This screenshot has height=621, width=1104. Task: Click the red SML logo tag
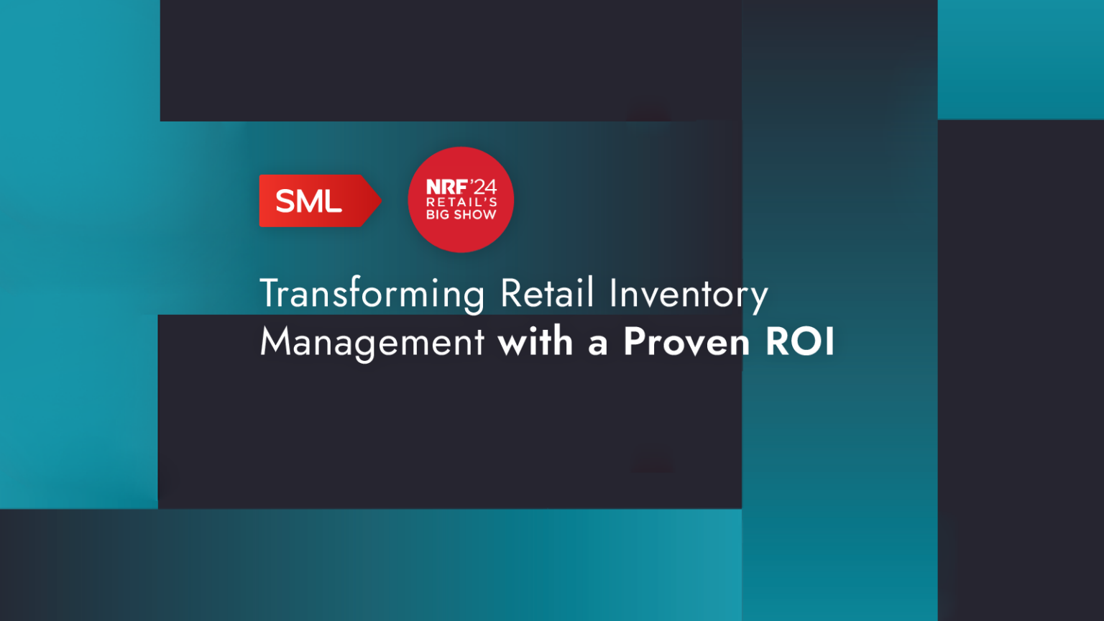[316, 201]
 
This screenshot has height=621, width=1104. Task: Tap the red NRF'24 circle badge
[461, 200]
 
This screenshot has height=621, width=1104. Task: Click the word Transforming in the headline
[372, 294]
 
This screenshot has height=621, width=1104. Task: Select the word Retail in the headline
[547, 293]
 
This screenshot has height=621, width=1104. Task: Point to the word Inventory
[688, 294]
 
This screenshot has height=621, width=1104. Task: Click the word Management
[372, 342]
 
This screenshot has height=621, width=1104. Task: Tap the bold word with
[535, 341]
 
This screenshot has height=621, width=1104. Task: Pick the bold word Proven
[686, 341]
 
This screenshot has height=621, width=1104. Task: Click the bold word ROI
[799, 341]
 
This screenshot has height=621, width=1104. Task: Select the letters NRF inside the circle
[446, 187]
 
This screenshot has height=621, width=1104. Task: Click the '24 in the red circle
[483, 187]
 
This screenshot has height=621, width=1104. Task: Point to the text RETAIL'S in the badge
[461, 202]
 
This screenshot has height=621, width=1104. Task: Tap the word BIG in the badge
[438, 214]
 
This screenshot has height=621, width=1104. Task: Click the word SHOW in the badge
[475, 214]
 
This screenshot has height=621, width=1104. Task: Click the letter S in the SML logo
[286, 201]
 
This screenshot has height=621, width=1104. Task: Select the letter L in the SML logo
[333, 201]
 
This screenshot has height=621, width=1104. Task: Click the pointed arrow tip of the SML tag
[377, 201]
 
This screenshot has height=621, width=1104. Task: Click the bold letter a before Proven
[597, 344]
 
